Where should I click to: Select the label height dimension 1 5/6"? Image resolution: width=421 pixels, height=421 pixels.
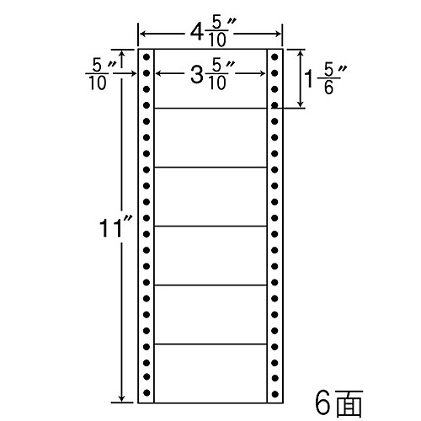point(326,79)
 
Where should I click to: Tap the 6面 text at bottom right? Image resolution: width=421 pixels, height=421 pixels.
point(339,403)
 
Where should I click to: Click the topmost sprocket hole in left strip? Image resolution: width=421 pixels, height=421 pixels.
point(147,57)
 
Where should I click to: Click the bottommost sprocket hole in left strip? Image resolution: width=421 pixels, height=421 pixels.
point(147,392)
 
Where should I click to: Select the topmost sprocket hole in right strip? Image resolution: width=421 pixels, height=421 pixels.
point(274,57)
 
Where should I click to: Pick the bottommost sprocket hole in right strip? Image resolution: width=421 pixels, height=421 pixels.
point(274,394)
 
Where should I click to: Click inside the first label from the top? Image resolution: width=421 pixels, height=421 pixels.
point(210,78)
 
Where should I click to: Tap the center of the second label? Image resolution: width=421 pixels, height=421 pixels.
point(210,137)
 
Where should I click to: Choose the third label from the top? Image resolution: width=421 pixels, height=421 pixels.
point(210,196)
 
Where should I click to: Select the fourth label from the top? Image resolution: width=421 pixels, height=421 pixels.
point(210,255)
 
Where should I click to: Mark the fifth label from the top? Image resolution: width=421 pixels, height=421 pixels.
point(210,314)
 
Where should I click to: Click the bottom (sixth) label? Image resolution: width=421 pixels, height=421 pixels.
point(210,373)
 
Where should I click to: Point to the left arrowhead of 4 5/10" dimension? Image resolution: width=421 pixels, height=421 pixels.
point(142,35)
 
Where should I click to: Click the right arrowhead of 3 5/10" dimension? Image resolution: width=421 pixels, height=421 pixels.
point(263,73)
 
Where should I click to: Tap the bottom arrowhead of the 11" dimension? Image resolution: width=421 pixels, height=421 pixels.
point(121,399)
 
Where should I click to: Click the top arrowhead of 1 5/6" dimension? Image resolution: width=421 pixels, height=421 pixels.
point(301,53)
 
